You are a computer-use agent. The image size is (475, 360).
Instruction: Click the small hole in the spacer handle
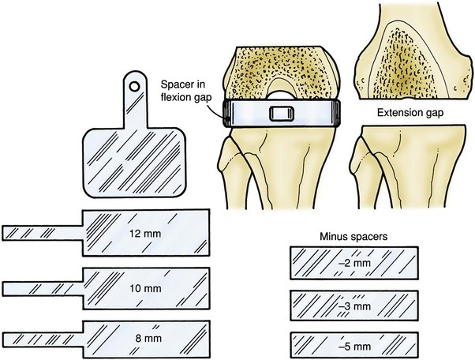pos(135,85)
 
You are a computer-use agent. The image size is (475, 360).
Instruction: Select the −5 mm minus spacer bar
pos(316,346)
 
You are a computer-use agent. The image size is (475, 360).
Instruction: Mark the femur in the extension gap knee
pos(406,55)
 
